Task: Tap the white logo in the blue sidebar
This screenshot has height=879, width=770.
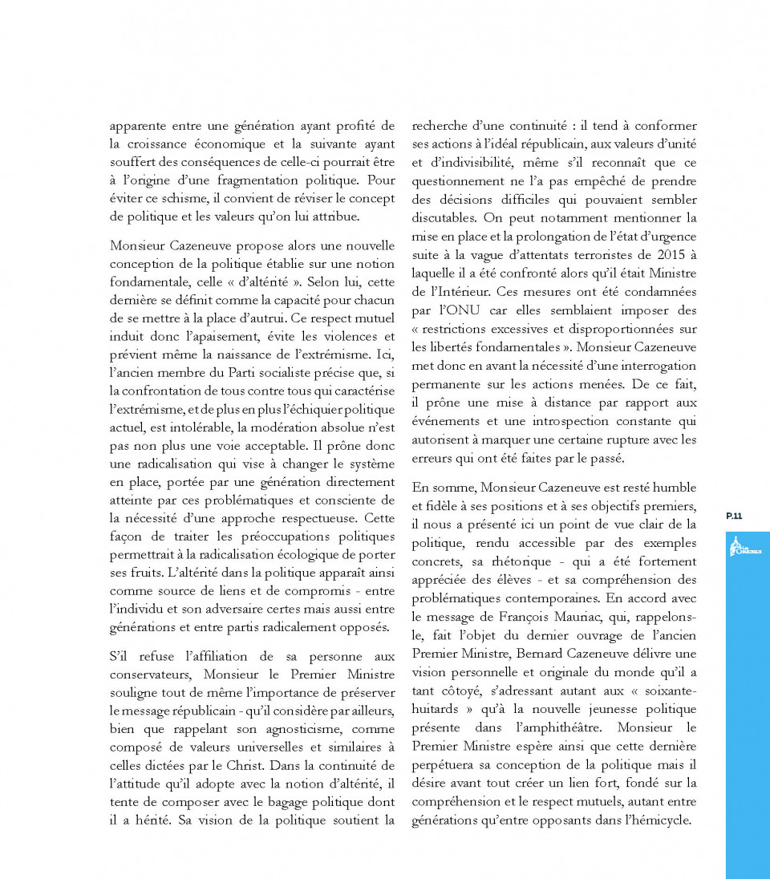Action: tap(745, 549)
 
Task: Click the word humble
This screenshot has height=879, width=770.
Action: tap(673, 488)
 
